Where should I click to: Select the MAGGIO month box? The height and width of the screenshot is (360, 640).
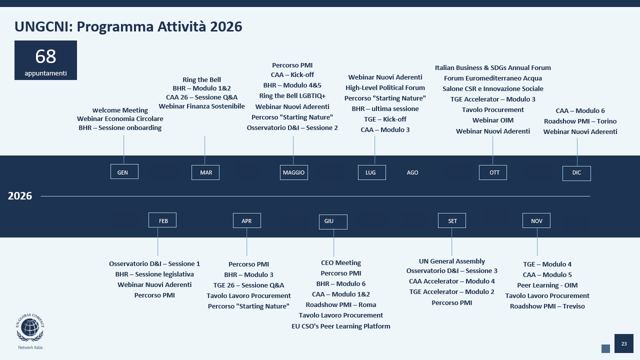(293, 172)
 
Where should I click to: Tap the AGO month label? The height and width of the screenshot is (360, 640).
(412, 172)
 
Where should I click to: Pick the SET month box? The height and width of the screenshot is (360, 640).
(452, 220)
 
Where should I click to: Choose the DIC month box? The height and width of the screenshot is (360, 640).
(576, 173)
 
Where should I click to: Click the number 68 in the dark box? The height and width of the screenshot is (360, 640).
(45, 56)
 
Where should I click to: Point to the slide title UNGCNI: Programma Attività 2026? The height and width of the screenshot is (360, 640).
(128, 26)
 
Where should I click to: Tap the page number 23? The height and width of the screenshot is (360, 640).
(624, 343)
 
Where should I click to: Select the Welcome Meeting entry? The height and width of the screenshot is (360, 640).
(120, 110)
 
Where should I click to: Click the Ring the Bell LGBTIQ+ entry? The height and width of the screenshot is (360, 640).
(292, 96)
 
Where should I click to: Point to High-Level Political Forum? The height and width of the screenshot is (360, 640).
(385, 87)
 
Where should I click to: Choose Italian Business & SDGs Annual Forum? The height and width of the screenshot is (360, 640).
(493, 67)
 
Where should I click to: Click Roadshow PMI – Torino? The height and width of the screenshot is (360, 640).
(580, 121)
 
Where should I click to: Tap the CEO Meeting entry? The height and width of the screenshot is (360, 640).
(341, 262)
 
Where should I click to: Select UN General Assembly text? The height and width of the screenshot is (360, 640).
(452, 261)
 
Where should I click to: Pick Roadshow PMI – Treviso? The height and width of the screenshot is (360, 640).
(547, 306)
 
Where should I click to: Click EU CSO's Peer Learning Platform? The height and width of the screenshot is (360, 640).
(341, 326)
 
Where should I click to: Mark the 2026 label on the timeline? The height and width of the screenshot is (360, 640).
(20, 196)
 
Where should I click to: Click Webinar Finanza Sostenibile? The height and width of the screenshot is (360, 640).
(202, 106)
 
